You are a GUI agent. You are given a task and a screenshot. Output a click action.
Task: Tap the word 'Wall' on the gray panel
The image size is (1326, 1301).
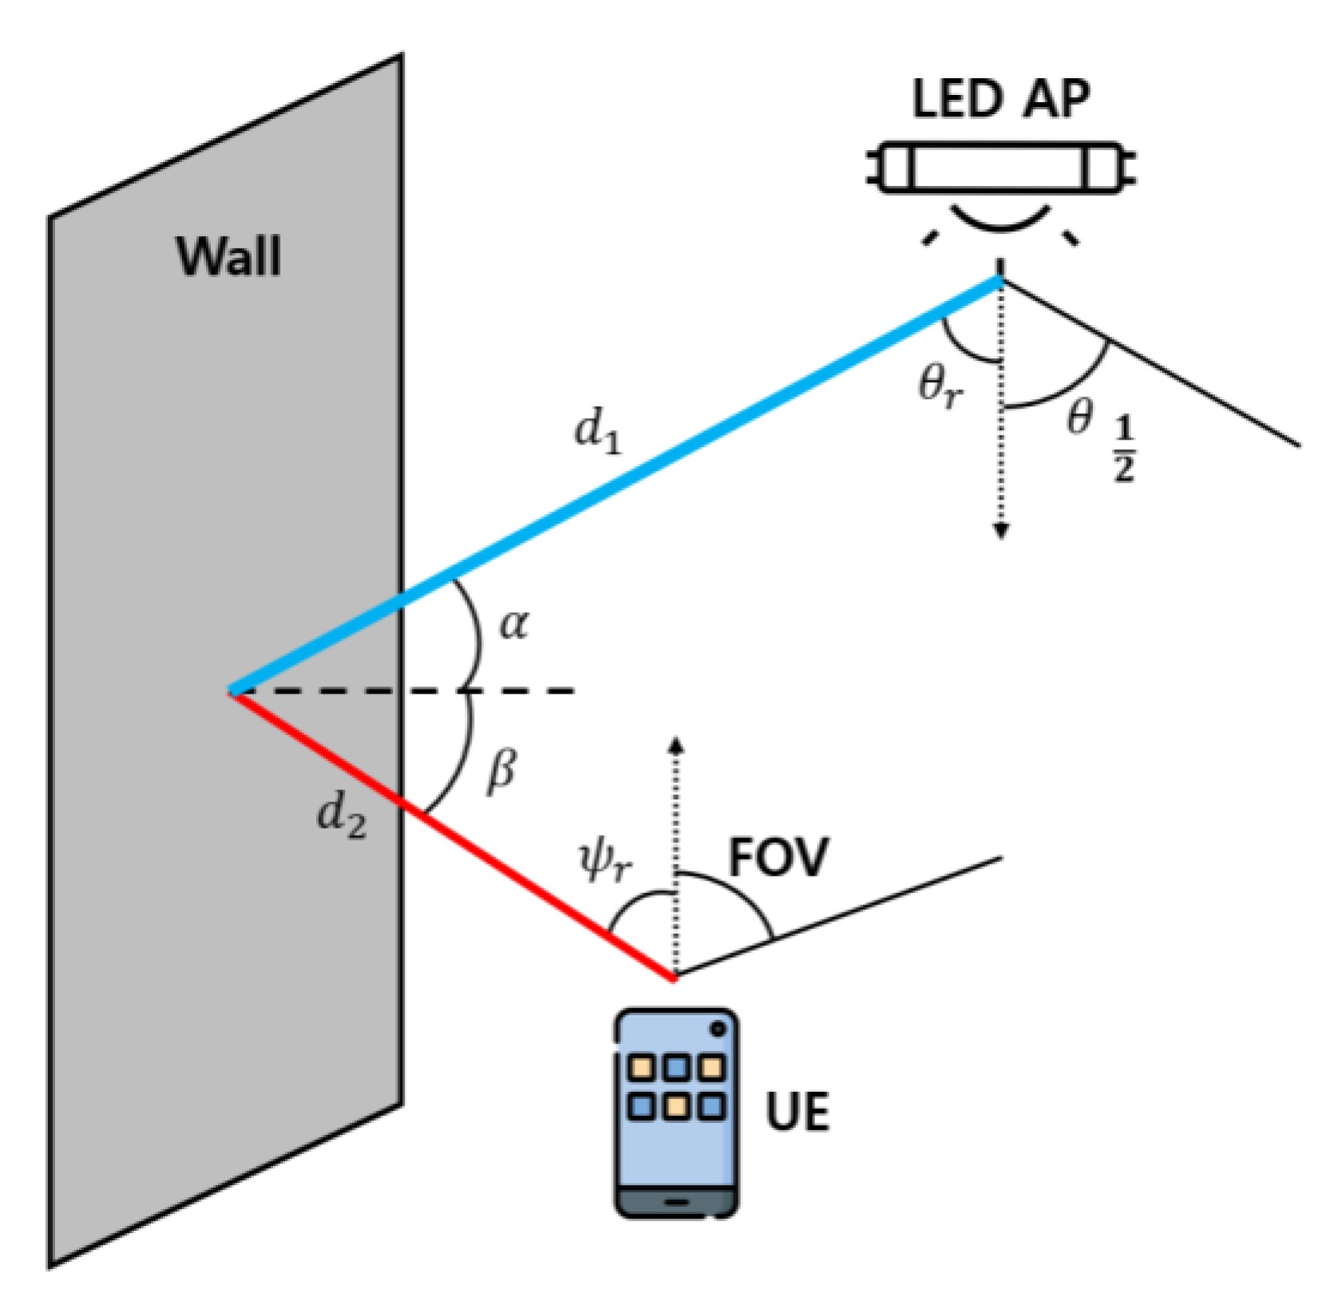tap(229, 257)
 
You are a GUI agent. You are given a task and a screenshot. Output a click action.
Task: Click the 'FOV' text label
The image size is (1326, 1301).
tap(778, 858)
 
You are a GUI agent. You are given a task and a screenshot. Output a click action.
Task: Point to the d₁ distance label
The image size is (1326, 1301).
tap(598, 433)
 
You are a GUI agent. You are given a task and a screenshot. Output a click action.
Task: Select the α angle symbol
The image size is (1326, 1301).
tap(513, 625)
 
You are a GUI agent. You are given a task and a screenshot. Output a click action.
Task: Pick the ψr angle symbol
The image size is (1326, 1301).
tap(604, 862)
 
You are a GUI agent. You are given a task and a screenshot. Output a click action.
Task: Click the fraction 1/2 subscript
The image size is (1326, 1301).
tap(1123, 451)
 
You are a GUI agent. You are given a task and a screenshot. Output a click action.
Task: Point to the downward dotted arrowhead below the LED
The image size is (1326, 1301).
tap(1000, 532)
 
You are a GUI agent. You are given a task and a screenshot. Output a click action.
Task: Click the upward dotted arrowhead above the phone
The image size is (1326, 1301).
tap(676, 744)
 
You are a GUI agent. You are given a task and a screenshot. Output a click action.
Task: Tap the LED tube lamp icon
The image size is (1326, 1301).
tap(1000, 167)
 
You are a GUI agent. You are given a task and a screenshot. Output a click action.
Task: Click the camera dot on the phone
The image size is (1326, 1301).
tap(718, 1029)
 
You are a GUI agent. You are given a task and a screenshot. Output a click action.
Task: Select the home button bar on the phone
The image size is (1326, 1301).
tap(676, 1201)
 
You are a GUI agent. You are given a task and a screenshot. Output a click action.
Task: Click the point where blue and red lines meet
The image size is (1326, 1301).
tap(232, 691)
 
